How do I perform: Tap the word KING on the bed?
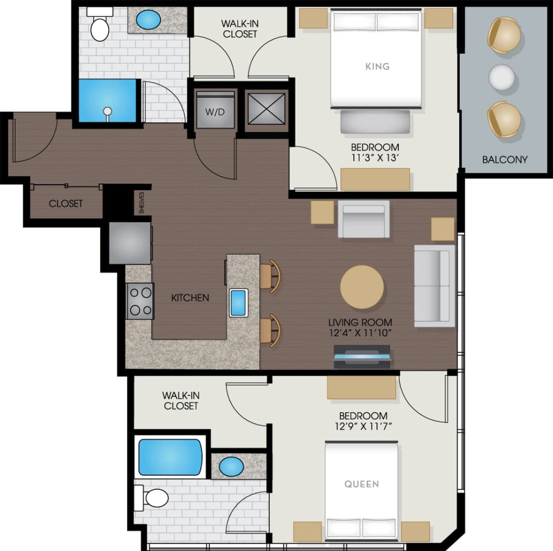(x=377, y=66)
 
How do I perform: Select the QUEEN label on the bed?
(x=362, y=484)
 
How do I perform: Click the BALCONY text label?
(x=505, y=159)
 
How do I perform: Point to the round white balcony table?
(x=501, y=77)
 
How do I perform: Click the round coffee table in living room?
(x=362, y=287)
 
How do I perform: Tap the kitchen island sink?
(x=238, y=302)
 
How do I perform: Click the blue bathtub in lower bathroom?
(x=170, y=457)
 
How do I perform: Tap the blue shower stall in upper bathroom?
(x=107, y=100)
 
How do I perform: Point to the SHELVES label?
(x=142, y=202)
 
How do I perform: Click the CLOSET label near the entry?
(x=66, y=203)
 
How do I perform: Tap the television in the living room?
(x=362, y=357)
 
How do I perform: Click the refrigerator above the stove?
(x=130, y=242)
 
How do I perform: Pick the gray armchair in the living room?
(x=364, y=219)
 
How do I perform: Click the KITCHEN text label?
(x=190, y=298)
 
